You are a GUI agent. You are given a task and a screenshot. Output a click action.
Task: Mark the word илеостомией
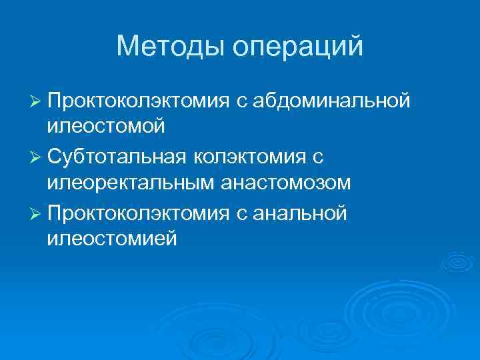pyautogui.click(x=112, y=237)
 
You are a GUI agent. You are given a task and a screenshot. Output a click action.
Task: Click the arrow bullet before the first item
pyautogui.click(x=35, y=101)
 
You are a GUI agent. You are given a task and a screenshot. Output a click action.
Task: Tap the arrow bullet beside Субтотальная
pyautogui.click(x=35, y=157)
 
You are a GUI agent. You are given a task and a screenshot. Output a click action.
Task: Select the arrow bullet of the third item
pyautogui.click(x=35, y=213)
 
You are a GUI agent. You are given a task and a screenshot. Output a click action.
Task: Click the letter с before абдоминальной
pyautogui.click(x=239, y=102)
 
